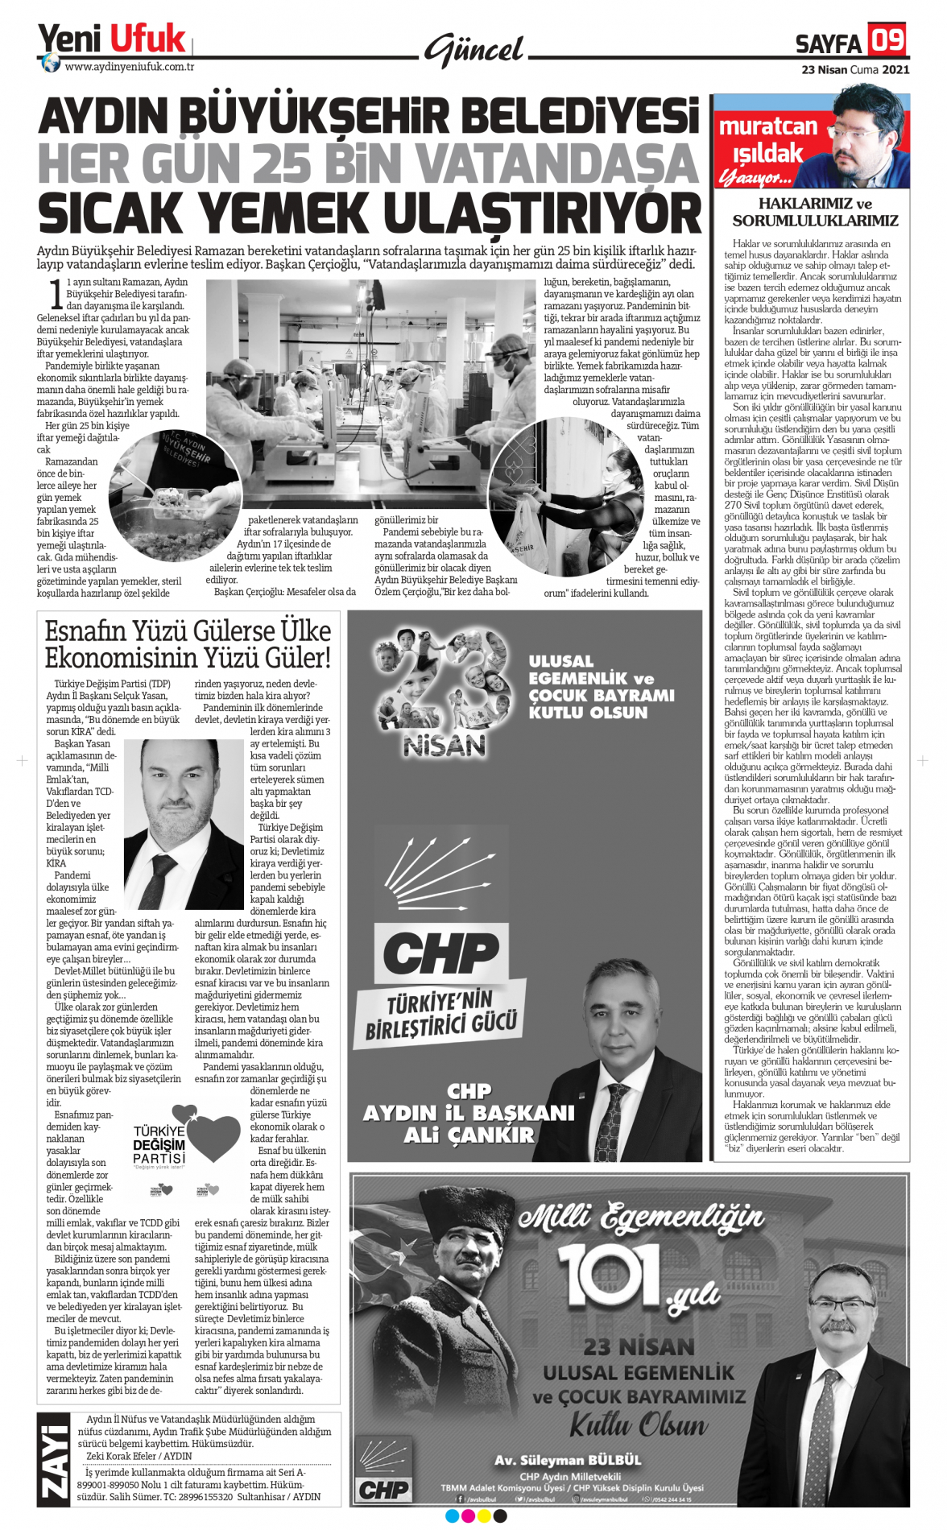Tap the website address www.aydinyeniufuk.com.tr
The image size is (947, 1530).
tap(129, 67)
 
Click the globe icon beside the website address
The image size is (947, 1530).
tap(51, 64)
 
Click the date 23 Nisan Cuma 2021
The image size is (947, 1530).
tap(855, 69)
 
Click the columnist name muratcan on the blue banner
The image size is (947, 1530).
tap(767, 126)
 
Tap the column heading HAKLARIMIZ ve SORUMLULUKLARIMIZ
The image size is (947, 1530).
tap(815, 212)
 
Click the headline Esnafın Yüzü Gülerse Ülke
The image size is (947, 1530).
tap(188, 631)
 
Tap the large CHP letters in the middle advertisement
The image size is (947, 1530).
tap(440, 954)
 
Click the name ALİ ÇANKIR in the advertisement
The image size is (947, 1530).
tap(469, 1135)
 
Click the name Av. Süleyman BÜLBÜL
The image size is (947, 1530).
tap(568, 1460)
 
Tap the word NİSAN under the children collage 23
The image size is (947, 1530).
tap(445, 746)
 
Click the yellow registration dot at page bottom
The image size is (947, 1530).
tap(483, 1516)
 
